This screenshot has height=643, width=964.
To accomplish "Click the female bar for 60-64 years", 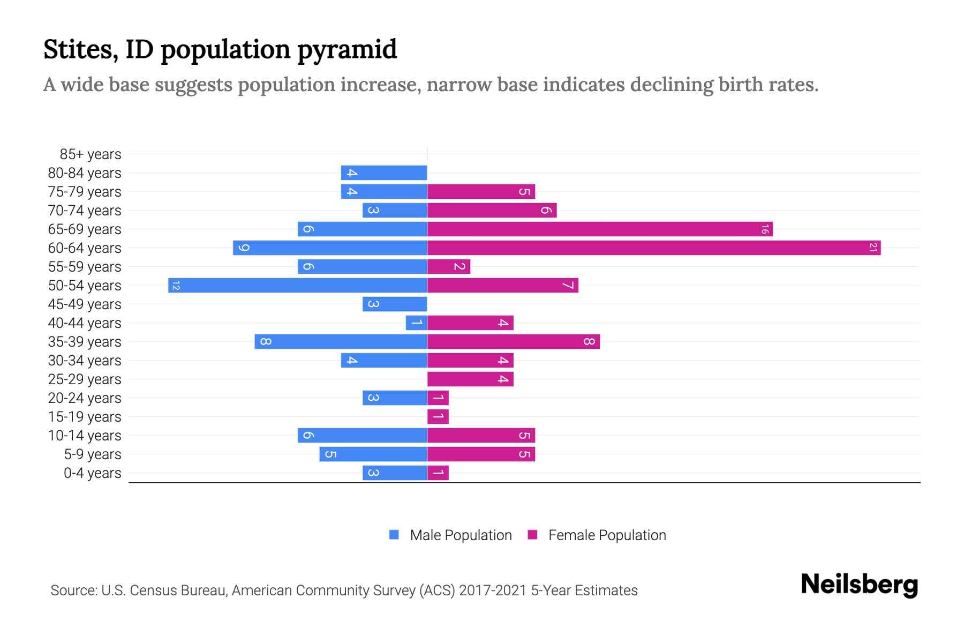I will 653,248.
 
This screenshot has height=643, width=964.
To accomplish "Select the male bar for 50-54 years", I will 298,285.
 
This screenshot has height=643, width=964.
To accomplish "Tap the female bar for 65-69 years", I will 600,229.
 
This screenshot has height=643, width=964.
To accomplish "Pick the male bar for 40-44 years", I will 416,323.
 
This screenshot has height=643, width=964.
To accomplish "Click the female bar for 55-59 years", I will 449,266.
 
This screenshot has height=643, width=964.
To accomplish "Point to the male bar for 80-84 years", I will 384,173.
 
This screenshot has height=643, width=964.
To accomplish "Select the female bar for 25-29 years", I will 470,379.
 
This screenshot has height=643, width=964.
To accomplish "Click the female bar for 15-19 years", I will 438,416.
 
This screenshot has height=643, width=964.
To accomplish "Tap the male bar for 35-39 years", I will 341,341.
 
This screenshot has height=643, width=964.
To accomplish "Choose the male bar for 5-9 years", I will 373,454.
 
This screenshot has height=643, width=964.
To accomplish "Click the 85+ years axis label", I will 91,154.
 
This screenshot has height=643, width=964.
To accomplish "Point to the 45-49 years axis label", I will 85,304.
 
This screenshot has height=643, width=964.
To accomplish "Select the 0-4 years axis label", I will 93,473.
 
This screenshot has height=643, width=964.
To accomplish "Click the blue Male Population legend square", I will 394,535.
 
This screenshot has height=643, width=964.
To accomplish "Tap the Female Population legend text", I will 607,535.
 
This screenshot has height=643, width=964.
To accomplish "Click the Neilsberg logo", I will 859,585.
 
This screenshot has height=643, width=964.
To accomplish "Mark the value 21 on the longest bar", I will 873,248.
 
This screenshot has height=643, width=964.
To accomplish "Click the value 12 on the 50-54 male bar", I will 176,286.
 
